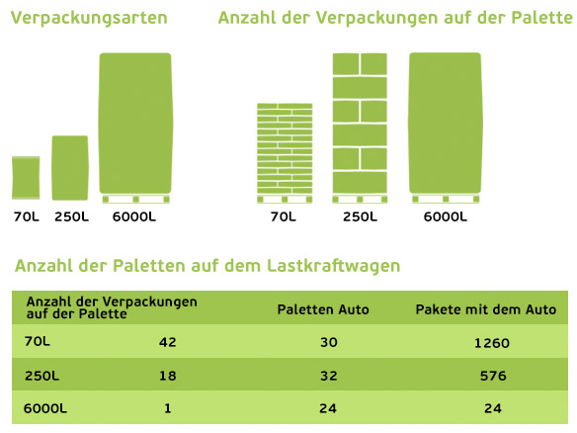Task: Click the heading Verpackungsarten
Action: coord(89,19)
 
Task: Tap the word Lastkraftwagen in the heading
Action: coord(333,266)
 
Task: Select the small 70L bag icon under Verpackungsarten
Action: coord(26,178)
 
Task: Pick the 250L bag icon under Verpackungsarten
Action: coord(70,168)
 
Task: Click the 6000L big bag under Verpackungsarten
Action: coord(135,128)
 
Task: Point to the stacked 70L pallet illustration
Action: coord(285,153)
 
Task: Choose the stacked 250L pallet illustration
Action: coord(360,129)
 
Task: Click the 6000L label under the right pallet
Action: coord(446,216)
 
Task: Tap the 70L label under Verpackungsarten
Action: coord(26,216)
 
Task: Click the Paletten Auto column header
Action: coord(323,309)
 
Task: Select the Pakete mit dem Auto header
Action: coord(486,309)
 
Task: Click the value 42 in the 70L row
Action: coord(168,342)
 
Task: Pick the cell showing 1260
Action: coord(492,343)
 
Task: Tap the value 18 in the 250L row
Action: coord(168,376)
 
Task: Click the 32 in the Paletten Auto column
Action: coord(329,376)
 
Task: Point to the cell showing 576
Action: coord(493,376)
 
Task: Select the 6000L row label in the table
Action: coord(45,408)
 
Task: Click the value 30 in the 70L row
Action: coord(329,342)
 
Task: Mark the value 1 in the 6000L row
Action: coord(168,408)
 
